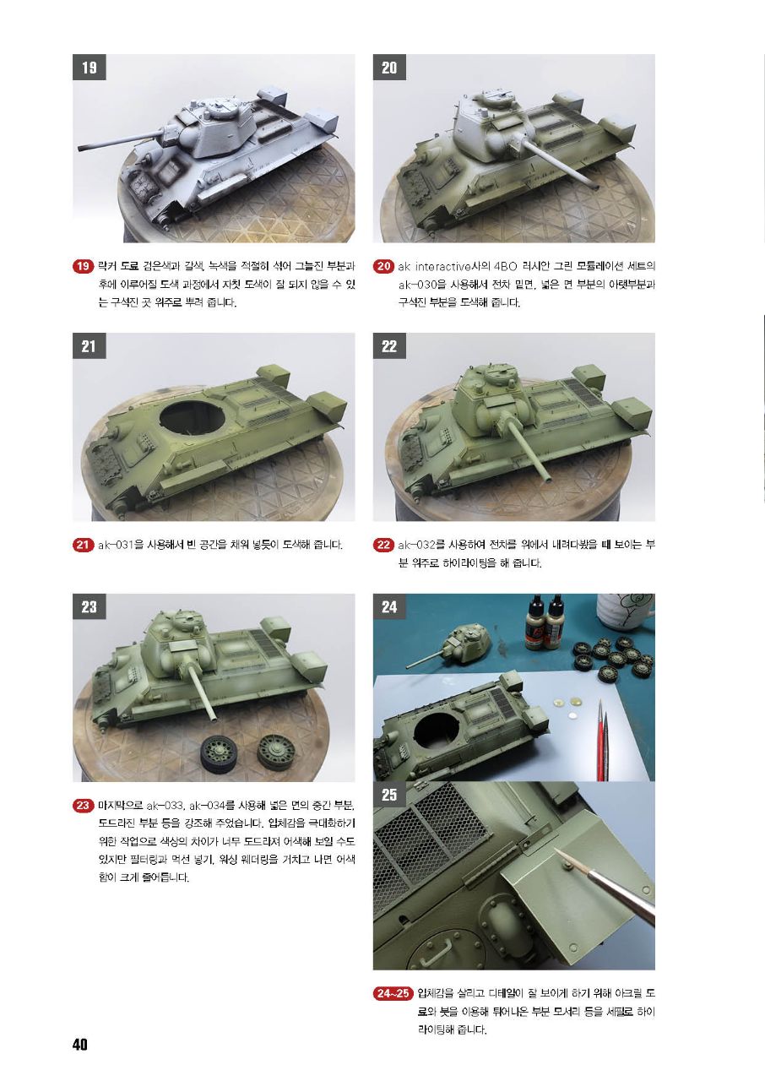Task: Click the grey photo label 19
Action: click(x=90, y=67)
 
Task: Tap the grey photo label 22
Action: click(x=389, y=346)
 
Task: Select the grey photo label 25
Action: click(x=389, y=795)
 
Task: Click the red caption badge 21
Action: click(x=83, y=545)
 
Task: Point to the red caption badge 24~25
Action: click(x=393, y=992)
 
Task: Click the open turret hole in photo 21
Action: click(x=192, y=418)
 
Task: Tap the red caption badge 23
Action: click(x=83, y=806)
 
